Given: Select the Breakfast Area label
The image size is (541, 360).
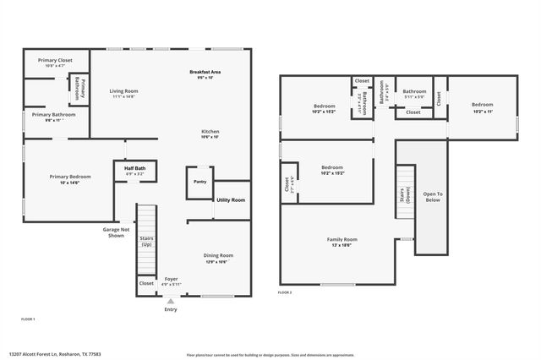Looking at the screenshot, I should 205,74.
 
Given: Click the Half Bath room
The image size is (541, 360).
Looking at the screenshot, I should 134,171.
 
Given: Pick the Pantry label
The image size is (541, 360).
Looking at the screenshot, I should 199,182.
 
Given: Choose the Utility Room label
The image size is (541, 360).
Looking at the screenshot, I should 231,199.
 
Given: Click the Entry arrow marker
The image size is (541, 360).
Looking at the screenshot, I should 171,301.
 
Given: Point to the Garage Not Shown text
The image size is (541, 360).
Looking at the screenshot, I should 116,232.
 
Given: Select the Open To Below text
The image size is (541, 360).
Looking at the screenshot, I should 433,197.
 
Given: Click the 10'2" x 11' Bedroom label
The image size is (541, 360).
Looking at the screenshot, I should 482,107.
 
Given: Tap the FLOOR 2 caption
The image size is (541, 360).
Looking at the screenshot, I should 285,292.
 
